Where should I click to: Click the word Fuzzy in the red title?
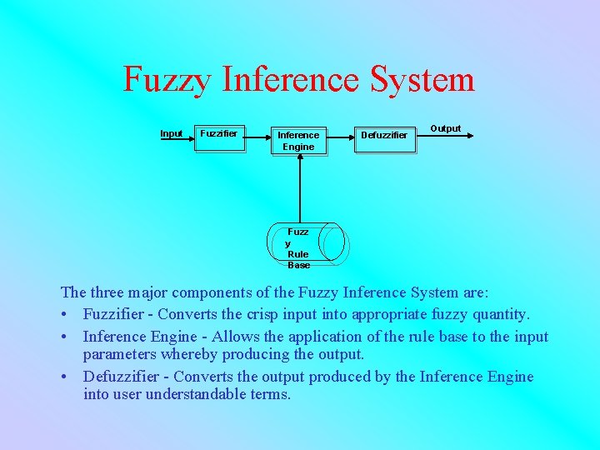pos(168,80)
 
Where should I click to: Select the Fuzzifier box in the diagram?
pos(219,136)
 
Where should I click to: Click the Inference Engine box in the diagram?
pos(298,140)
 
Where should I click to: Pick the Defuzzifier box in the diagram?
pos(383,136)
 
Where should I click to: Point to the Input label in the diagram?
pos(172,133)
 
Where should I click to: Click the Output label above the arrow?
pos(445,128)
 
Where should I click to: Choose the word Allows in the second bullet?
pos(236,337)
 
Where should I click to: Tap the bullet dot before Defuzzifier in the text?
pos(65,377)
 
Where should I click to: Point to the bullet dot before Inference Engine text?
pos(65,337)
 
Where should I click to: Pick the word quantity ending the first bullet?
pos(497,315)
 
